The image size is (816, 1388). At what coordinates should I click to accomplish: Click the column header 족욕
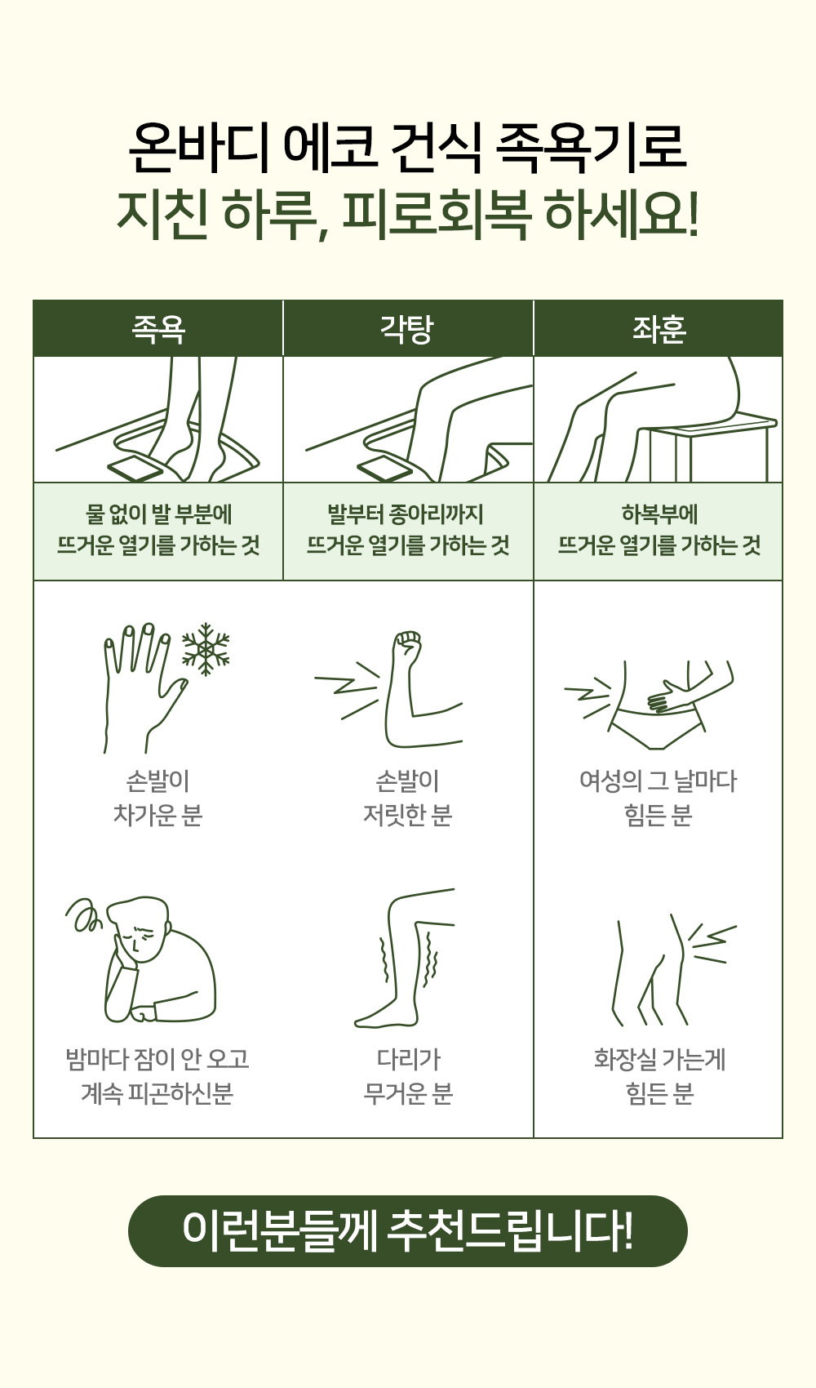[157, 329]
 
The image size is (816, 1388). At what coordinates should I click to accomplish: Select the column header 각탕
[407, 329]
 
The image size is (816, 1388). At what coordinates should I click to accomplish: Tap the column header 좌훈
[659, 329]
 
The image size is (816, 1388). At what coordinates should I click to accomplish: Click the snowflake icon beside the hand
[206, 649]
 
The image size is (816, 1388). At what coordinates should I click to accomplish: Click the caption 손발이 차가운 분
[157, 799]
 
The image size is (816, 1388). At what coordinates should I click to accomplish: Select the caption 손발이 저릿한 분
[407, 799]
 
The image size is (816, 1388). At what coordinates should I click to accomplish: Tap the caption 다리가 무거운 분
[408, 1076]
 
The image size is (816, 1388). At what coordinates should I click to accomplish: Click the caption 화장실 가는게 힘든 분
[659, 1076]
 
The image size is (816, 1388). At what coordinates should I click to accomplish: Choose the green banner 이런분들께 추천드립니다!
[408, 1230]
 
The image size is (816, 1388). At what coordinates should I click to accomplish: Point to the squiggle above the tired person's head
[83, 914]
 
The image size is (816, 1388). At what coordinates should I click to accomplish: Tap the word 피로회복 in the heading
[437, 215]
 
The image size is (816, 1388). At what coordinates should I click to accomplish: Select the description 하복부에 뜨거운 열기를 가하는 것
[659, 530]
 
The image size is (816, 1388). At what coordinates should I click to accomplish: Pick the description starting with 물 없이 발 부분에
[157, 530]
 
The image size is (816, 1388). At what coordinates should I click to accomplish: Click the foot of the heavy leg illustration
[384, 1017]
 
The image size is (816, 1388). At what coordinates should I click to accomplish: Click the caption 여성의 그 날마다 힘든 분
[659, 799]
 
